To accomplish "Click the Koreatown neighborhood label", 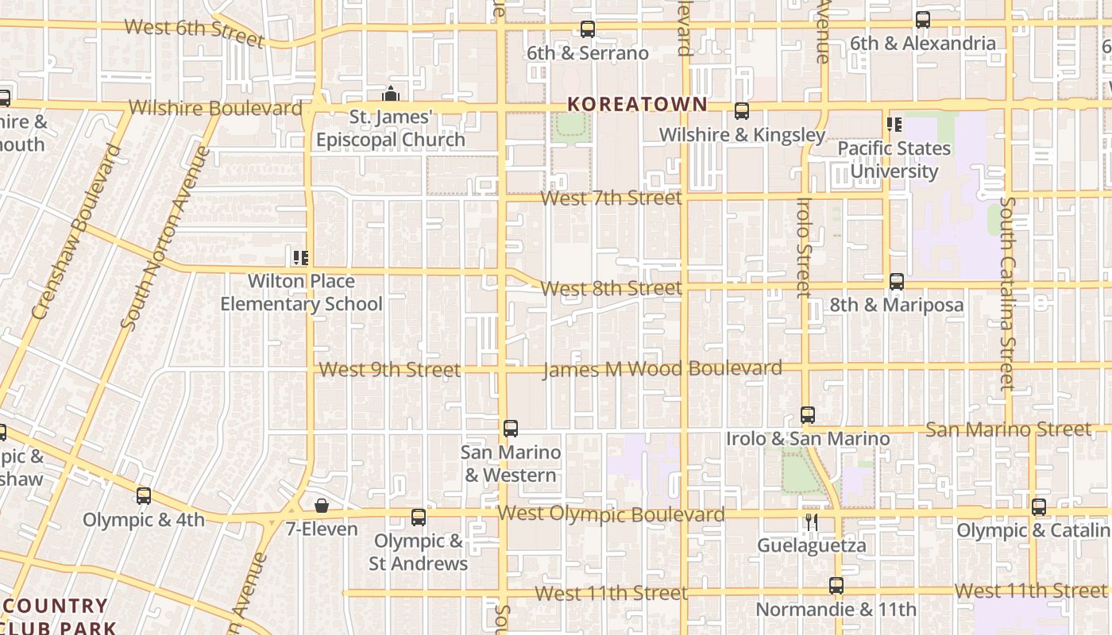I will tap(637, 104).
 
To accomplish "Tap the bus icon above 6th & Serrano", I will tap(588, 29).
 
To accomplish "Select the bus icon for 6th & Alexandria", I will tap(922, 20).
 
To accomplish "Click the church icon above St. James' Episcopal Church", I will tap(390, 94).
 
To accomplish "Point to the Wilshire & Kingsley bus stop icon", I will tap(742, 111).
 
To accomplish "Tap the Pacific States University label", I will tap(894, 160).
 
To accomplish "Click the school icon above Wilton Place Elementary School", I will tap(300, 257).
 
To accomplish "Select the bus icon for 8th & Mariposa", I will tap(897, 282).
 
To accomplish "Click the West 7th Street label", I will tap(611, 198).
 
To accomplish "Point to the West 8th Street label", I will tap(611, 288).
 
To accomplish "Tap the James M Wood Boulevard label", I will tap(662, 369).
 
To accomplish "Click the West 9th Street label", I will tap(389, 370).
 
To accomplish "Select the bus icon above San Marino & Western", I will tap(511, 429).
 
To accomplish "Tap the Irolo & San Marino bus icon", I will tap(808, 415).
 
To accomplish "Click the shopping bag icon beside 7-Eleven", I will tap(322, 506).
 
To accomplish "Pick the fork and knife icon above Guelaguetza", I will tap(810, 521).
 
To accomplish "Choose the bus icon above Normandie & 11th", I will tap(836, 586).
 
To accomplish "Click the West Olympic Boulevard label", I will tap(611, 514).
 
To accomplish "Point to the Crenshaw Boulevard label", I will tap(78, 231).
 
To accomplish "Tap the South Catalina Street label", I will tap(1006, 294).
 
